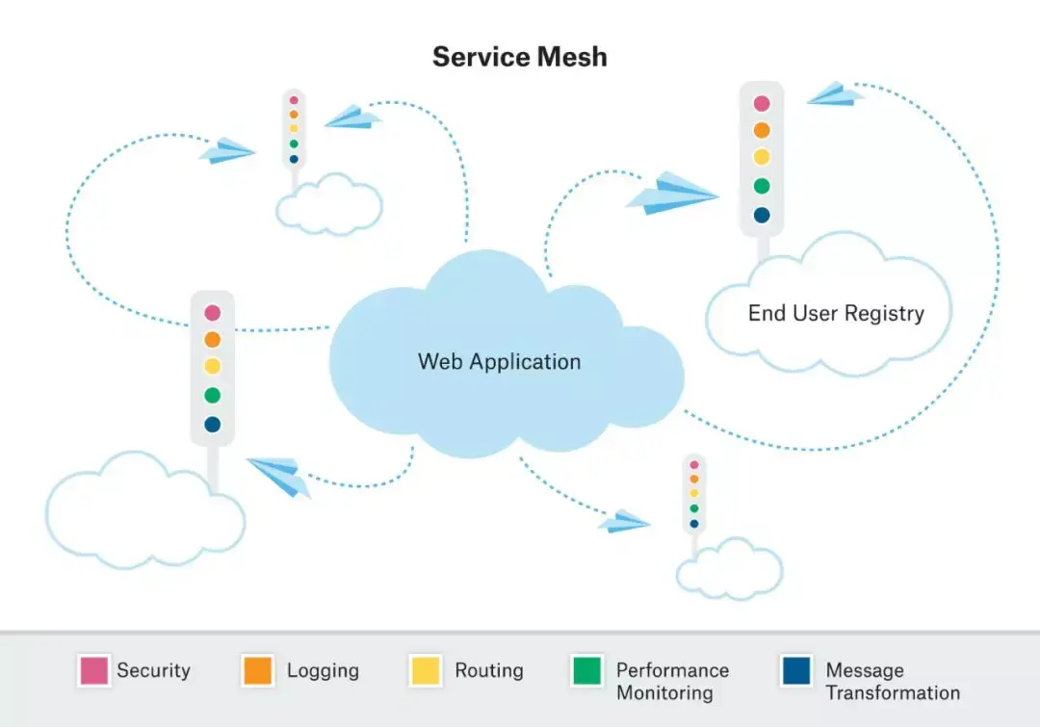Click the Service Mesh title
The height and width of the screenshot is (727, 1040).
tap(520, 56)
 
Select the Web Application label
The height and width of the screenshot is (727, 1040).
tap(499, 362)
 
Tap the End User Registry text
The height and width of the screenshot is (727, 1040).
tap(836, 313)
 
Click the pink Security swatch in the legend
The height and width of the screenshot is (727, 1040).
tap(93, 671)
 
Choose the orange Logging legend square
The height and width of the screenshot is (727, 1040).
tap(258, 671)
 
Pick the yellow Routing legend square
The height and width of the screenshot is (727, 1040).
tap(426, 671)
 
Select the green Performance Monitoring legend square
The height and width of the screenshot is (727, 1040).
tap(587, 671)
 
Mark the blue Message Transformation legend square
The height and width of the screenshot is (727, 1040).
tap(796, 671)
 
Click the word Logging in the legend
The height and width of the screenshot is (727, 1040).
tap(323, 670)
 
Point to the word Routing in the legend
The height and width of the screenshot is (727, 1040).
tap(489, 670)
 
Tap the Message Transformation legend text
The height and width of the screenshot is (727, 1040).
tap(892, 681)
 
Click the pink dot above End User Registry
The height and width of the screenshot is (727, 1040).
tap(762, 103)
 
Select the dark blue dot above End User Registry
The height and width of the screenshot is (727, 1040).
tap(762, 215)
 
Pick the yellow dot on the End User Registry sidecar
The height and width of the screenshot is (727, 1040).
tap(762, 157)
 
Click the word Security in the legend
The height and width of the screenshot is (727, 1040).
tap(153, 670)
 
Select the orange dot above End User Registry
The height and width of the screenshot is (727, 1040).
tap(762, 130)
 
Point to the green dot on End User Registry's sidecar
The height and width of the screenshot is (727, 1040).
tap(762, 186)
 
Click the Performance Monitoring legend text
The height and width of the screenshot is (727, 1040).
tap(672, 681)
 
